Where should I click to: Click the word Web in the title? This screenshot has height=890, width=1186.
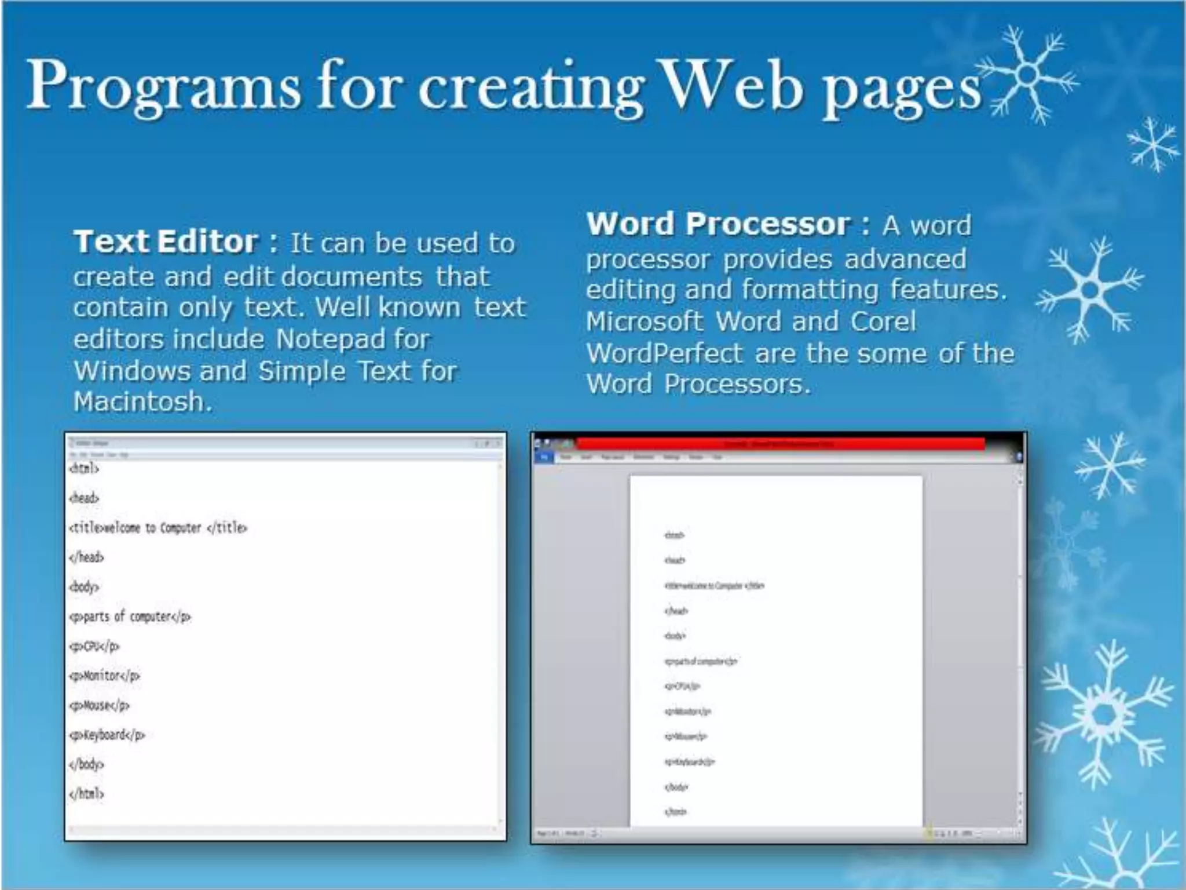[x=732, y=86]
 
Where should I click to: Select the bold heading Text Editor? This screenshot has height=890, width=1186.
[x=166, y=242]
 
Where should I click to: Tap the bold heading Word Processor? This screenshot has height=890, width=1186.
[x=718, y=224]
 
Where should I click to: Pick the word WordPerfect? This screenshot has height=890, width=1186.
[x=664, y=353]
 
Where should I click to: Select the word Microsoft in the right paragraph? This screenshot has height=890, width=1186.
[x=645, y=322]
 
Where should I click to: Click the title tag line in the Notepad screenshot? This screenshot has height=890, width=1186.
[x=158, y=528]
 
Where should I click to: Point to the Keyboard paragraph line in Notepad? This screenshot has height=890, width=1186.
[x=107, y=735]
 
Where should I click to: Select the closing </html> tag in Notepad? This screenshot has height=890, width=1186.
[x=86, y=794]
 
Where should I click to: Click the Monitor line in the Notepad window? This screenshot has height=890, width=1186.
[x=104, y=676]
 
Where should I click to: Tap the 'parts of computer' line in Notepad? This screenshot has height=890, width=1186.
[x=130, y=617]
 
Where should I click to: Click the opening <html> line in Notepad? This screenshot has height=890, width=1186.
[x=84, y=468]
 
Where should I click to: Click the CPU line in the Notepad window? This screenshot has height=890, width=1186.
[x=94, y=646]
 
